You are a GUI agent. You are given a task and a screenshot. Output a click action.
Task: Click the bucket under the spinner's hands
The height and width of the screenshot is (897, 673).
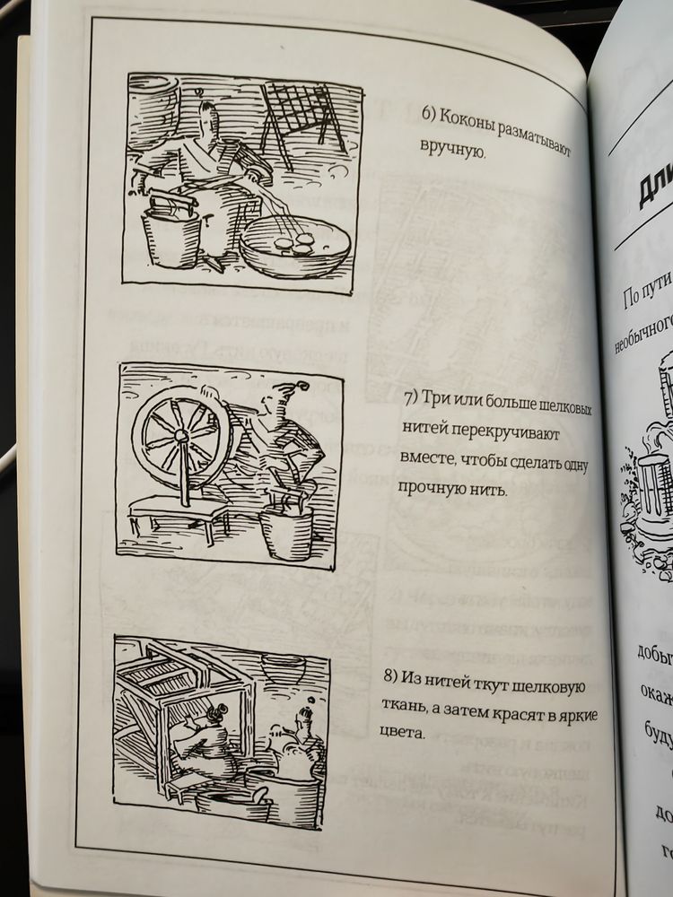coord(286,529)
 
